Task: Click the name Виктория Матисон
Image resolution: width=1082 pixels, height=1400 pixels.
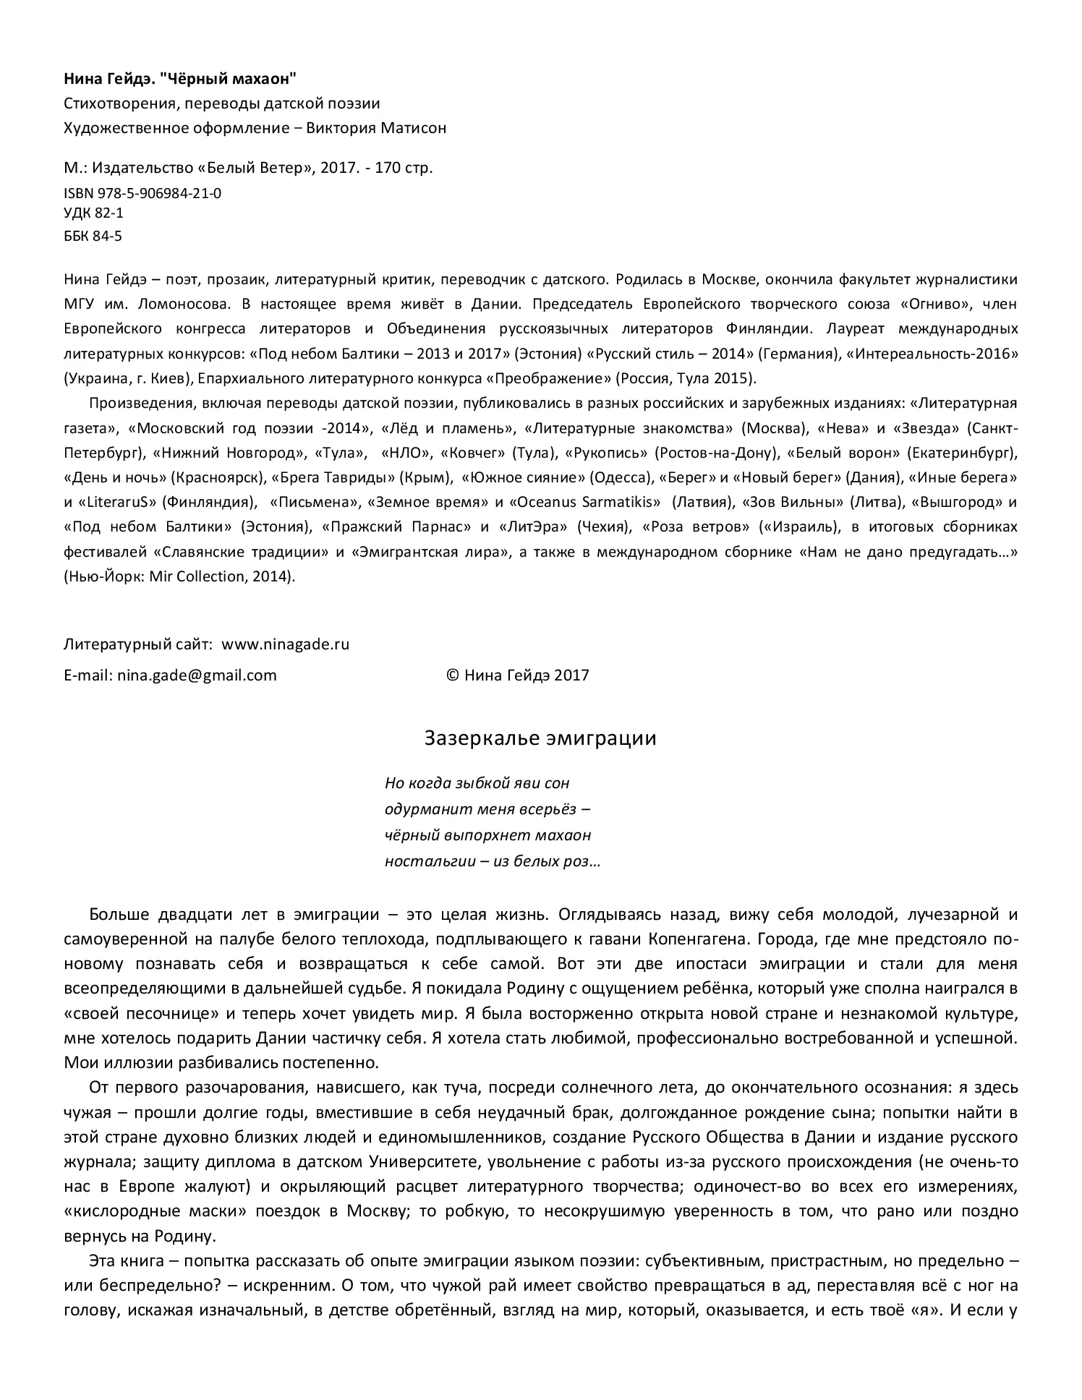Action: click(376, 128)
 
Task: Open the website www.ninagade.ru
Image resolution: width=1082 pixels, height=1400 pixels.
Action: click(285, 644)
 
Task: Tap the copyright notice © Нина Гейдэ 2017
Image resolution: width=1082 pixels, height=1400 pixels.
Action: click(518, 675)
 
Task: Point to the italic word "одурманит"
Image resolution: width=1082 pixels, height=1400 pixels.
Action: click(419, 809)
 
